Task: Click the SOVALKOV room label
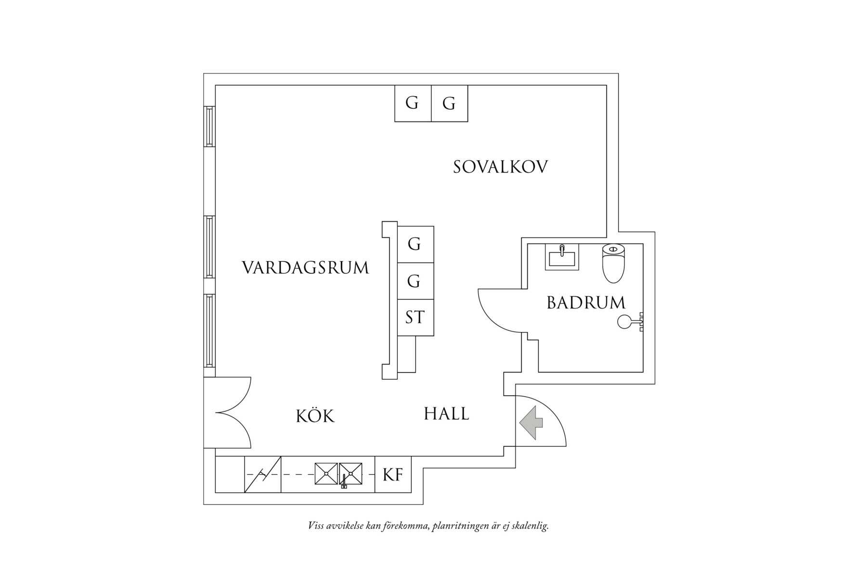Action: [500, 167]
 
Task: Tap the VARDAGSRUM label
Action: [305, 267]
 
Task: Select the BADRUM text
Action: [585, 303]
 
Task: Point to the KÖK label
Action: [315, 415]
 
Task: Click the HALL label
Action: [446, 413]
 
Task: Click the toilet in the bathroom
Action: [613, 263]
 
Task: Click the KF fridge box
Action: [393, 475]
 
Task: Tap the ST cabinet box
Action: [415, 318]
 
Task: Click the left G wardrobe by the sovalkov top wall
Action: [413, 103]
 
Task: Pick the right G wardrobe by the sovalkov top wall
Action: [449, 103]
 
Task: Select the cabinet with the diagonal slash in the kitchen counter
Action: [263, 475]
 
